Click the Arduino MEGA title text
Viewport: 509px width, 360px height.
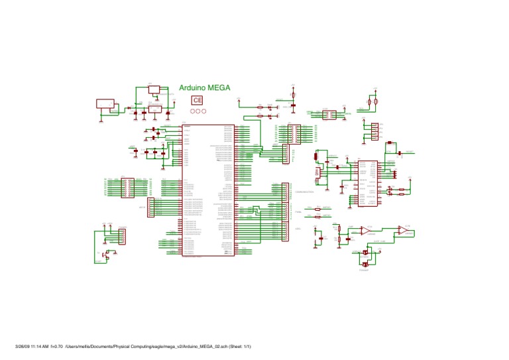point(205,87)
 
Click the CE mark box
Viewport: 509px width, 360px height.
point(197,100)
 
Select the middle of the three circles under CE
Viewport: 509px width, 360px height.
point(197,111)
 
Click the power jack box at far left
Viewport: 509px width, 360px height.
point(105,104)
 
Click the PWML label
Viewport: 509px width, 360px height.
point(298,211)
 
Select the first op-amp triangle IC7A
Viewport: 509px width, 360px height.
point(365,229)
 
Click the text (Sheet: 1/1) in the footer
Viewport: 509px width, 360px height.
point(239,347)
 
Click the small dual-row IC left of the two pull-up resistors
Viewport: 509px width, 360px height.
point(329,115)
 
